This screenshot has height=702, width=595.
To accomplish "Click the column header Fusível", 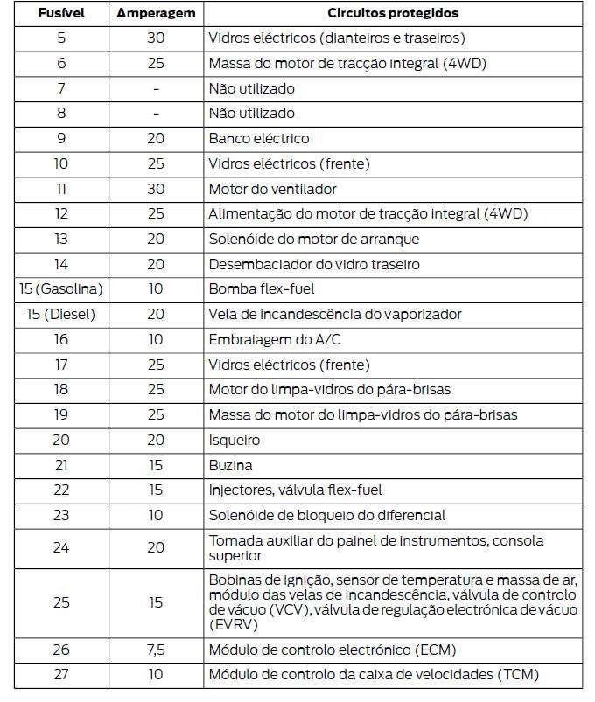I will tap(61, 13).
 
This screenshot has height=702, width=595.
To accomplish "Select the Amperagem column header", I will tap(156, 13).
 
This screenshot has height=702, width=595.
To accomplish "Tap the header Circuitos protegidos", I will tap(392, 13).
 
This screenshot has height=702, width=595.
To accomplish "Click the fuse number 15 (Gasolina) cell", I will tap(61, 289).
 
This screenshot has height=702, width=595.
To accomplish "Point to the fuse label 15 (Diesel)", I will tap(61, 315).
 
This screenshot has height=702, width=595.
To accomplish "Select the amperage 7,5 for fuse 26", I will tap(156, 650).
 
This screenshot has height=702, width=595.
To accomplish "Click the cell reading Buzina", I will tap(230, 466).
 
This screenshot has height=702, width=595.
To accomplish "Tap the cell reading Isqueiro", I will tap(234, 441).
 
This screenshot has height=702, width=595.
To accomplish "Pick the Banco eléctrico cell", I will tap(258, 138).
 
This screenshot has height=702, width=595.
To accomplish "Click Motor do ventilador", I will tap(272, 189).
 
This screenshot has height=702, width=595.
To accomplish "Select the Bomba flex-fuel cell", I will tap(261, 289).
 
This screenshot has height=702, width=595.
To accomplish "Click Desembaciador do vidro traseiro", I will tap(313, 264).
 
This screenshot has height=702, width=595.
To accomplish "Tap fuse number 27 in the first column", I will tap(61, 674).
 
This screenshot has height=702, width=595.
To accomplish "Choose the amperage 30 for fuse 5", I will tap(156, 38).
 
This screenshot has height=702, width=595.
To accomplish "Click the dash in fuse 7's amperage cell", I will tap(156, 88).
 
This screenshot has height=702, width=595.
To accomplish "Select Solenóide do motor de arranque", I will tap(313, 239).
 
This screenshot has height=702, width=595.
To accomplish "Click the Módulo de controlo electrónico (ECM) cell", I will tap(332, 650).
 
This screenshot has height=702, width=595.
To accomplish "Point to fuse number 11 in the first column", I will tap(61, 189).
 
